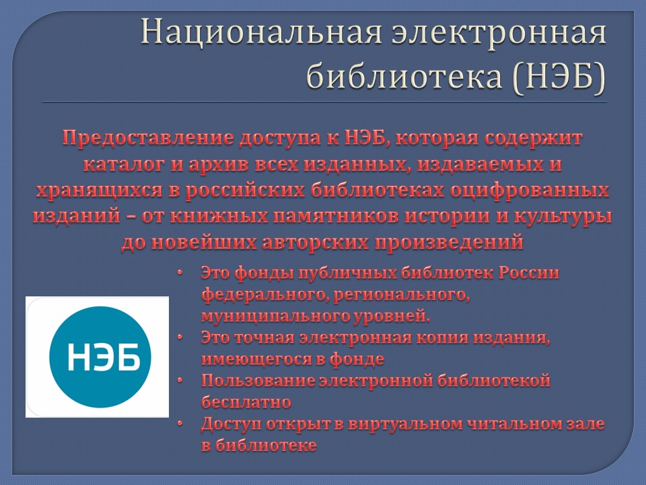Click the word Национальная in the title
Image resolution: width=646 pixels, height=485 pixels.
pos(261,32)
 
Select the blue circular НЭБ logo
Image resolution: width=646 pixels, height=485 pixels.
pos(100,357)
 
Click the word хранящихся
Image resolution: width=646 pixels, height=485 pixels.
pos(100,191)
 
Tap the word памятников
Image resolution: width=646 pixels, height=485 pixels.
pos(335,216)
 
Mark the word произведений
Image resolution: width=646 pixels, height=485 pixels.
pos(449,243)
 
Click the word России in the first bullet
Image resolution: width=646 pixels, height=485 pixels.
pos(529,273)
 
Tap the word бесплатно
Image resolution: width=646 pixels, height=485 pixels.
pos(246,402)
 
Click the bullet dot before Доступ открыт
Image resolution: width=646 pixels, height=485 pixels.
pos(180,423)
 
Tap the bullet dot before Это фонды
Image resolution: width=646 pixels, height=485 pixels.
pos(180,273)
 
